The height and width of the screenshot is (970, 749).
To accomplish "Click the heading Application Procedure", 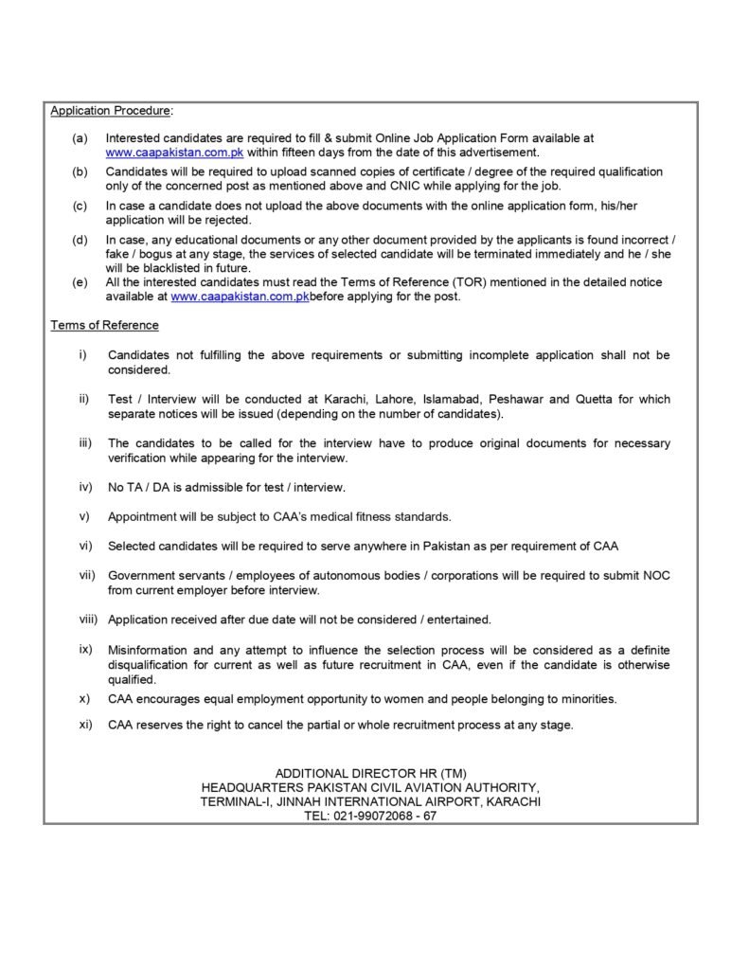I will [x=111, y=111].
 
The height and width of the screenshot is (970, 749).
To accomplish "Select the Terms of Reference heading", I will [x=104, y=325].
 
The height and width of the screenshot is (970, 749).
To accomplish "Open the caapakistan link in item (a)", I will [x=174, y=152].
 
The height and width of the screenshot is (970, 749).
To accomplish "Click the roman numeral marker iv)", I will [x=85, y=487].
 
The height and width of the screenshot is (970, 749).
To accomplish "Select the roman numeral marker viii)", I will [x=88, y=620].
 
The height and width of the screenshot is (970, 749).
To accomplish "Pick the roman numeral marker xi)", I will [x=85, y=725].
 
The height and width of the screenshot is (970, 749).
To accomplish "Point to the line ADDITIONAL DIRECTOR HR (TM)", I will [x=370, y=773].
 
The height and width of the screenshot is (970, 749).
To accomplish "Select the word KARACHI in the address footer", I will [x=511, y=800].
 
